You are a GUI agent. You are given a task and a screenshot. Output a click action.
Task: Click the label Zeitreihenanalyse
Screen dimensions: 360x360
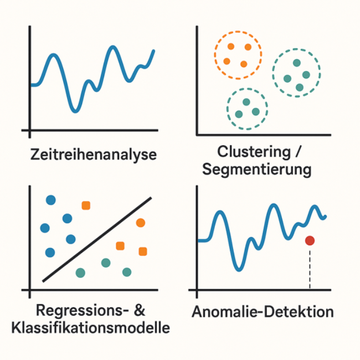pos(94,155)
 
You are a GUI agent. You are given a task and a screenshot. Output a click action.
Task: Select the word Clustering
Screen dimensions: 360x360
pos(254,152)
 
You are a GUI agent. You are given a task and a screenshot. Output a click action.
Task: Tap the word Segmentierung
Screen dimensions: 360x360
pos(256,170)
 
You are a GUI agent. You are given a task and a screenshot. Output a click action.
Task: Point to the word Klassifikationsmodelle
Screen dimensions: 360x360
pos(91,328)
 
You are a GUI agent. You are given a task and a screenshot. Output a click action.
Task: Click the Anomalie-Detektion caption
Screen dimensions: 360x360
pos(263,312)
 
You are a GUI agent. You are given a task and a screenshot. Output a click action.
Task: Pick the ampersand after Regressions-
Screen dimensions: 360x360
pos(139,310)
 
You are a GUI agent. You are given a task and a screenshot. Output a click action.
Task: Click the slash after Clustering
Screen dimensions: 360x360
pos(298,152)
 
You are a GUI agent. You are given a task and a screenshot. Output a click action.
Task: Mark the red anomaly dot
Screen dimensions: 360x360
pos(310,240)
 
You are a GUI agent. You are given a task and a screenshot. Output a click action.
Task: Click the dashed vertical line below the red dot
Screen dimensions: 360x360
pos(310,269)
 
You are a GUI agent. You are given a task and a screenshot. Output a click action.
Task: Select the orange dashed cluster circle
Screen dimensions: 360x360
pos(215,55)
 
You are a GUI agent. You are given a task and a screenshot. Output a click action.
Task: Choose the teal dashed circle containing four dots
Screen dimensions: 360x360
pos(273,73)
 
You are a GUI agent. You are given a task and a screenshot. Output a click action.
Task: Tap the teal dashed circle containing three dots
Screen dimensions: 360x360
pos(227,109)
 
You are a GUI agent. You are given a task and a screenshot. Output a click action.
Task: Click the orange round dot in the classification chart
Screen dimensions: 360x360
pos(141,223)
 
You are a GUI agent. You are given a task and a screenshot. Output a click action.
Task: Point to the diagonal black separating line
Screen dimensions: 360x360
pos(97,239)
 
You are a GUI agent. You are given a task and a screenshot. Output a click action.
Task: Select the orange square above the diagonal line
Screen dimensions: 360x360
pos(86,205)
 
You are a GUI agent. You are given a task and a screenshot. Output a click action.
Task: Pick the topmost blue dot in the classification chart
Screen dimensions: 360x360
pos(51,200)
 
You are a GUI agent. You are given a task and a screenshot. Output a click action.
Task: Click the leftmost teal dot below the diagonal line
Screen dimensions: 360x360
pos(80,273)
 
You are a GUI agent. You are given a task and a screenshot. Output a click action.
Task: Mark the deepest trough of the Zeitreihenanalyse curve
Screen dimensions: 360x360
pos(75,111)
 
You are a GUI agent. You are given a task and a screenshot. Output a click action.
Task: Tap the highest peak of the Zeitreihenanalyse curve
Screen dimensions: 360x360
pos(112,47)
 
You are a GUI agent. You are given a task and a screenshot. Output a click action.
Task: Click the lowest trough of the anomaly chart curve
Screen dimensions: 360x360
pos(239,270)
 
